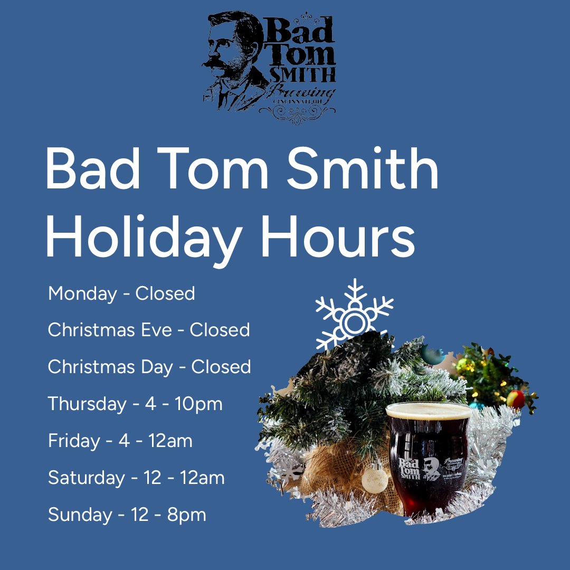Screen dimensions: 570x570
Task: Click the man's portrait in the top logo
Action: [230, 58]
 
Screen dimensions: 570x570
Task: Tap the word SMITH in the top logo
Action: [301, 74]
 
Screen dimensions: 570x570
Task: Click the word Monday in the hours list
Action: [81, 293]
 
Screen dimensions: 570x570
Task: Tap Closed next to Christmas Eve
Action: [220, 330]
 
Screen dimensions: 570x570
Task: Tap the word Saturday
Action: [86, 478]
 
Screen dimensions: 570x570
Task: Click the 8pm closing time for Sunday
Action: [187, 515]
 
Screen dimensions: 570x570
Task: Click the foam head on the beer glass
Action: [429, 410]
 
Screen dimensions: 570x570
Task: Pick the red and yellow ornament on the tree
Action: [516, 399]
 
